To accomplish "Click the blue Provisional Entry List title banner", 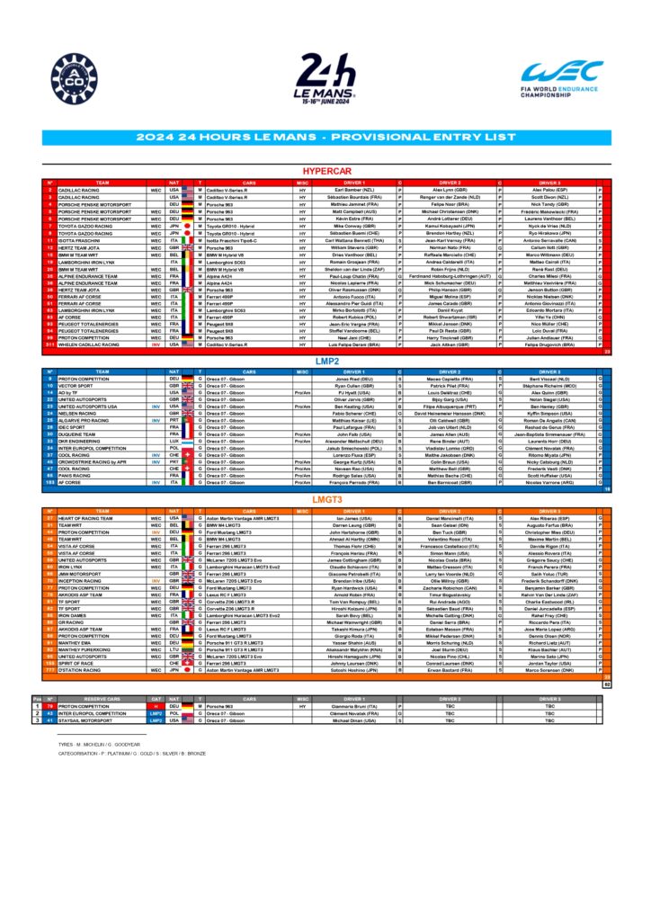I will click(325, 138).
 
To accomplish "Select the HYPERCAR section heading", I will click(325, 171).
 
